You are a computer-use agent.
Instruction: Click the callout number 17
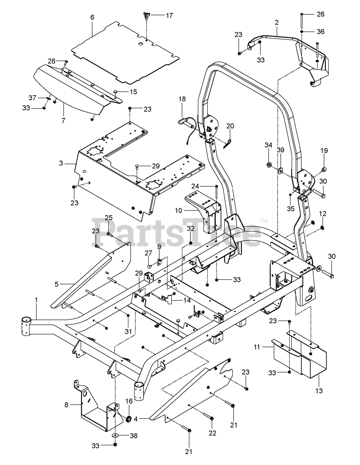(x=169, y=15)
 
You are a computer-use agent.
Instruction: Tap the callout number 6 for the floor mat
(x=92, y=17)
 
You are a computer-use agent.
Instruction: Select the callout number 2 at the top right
(x=277, y=23)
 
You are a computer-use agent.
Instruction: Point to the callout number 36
(x=320, y=32)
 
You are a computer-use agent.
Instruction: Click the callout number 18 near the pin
(x=182, y=99)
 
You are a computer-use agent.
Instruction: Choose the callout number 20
(x=230, y=126)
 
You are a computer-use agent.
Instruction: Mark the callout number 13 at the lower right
(x=319, y=391)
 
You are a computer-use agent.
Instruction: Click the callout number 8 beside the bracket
(x=66, y=405)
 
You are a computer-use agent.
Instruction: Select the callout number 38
(x=134, y=436)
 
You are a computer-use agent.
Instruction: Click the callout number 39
(x=281, y=150)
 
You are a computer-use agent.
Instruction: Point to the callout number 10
(x=178, y=210)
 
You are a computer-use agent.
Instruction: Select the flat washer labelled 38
(x=115, y=435)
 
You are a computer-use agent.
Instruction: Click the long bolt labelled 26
(x=302, y=20)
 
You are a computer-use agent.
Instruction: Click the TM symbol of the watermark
(x=265, y=221)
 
